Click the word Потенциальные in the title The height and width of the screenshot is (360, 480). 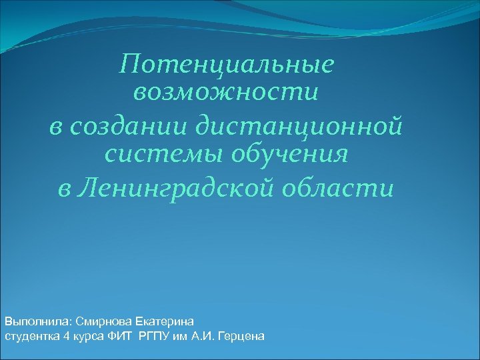(x=226, y=65)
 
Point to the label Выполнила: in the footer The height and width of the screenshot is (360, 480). (x=33, y=322)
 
